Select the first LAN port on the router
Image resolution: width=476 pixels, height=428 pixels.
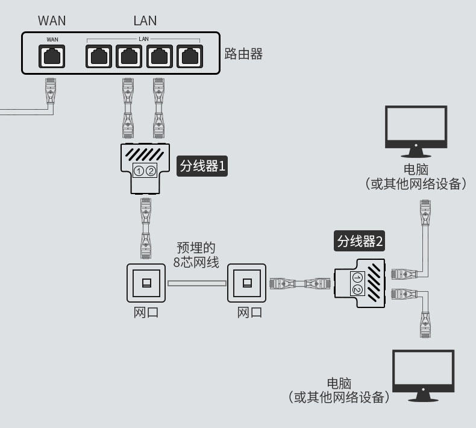[99, 56]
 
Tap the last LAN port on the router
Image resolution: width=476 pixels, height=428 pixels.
[190, 56]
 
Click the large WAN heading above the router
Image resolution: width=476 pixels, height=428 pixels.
[52, 20]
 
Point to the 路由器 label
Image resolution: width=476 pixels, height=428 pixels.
[243, 54]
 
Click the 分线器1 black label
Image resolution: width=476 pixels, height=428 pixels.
[202, 166]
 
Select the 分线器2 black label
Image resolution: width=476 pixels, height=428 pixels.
[360, 242]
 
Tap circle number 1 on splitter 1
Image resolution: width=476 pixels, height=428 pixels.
[139, 171]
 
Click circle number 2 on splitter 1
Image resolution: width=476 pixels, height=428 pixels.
[151, 171]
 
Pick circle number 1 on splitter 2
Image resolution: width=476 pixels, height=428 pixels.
[357, 277]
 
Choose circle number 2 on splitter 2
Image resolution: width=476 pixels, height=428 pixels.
[357, 290]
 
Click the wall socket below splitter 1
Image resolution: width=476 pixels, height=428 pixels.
[146, 283]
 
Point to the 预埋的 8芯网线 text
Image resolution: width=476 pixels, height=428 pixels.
[196, 255]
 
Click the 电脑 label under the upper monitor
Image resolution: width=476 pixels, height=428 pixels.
[416, 168]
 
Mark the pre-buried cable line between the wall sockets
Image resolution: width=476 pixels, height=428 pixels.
[196, 283]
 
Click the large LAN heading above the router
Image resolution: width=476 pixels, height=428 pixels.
[145, 20]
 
